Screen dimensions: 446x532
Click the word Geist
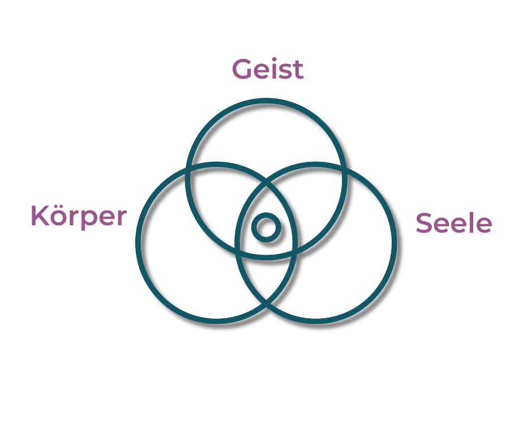coord(268,70)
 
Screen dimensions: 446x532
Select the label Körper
coord(78,216)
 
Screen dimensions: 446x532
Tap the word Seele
coord(454,224)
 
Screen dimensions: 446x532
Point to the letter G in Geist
coord(242,70)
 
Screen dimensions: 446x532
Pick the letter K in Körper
coord(39,215)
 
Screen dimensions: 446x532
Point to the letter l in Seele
coord(470,223)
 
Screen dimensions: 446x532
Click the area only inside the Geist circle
coord(266,136)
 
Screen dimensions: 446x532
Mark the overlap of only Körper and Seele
coord(266,277)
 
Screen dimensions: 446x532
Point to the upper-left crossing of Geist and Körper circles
coord(187,168)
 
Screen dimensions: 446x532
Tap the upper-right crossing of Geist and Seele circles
coord(345,168)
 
